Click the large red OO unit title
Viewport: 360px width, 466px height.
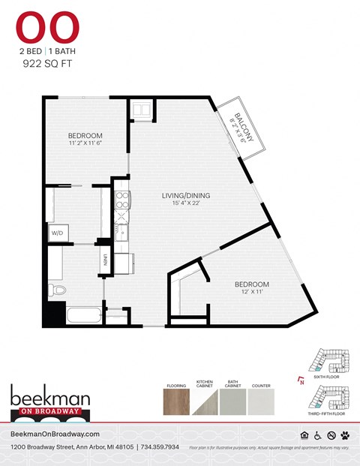coord(46,28)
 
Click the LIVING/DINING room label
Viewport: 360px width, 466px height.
coord(186,197)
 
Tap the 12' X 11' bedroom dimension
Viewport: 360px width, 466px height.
coord(252,292)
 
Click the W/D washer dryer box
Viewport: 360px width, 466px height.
coord(58,233)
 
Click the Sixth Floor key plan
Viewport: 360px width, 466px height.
coord(331,362)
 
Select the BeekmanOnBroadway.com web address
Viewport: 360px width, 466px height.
coord(56,434)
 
